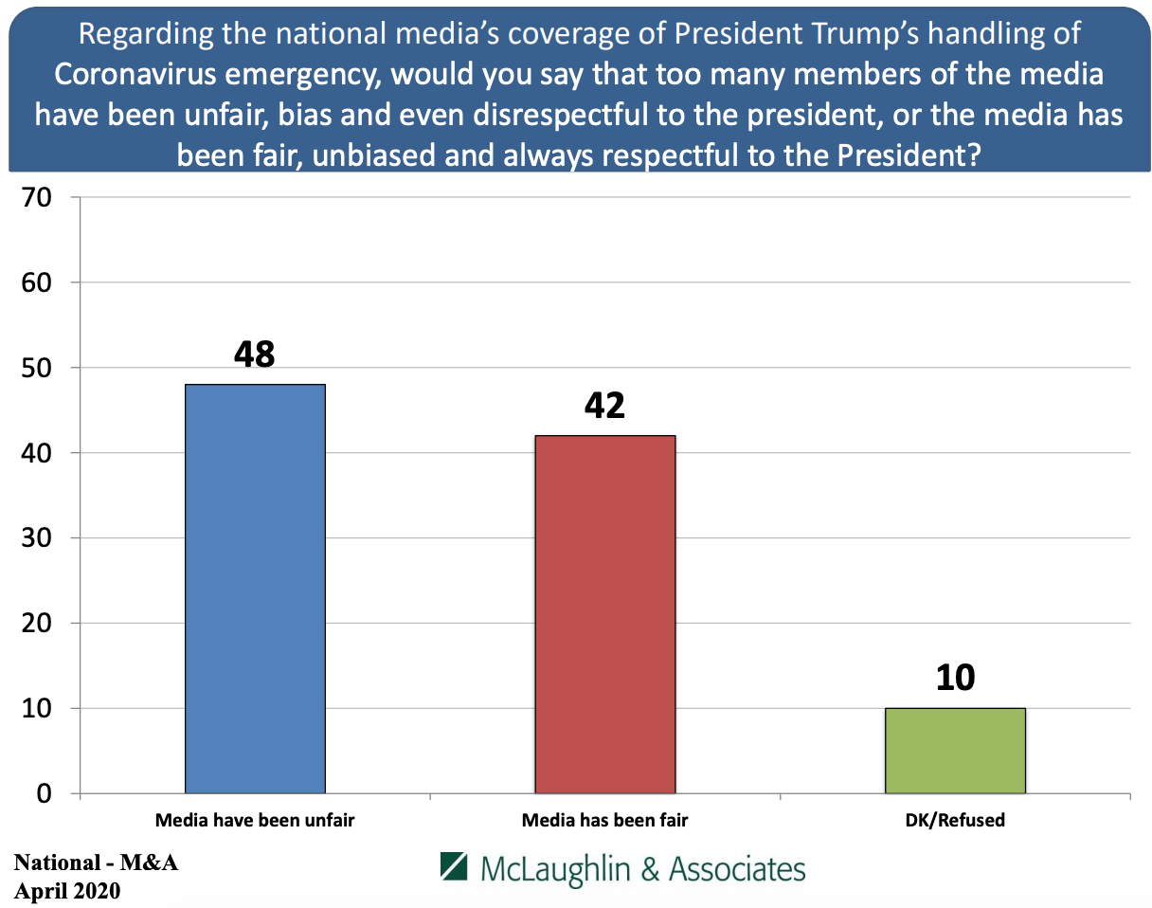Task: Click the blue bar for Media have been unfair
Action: point(255,588)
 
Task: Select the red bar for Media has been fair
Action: point(605,613)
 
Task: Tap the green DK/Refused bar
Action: point(955,750)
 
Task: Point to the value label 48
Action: point(255,354)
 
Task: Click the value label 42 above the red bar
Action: point(604,406)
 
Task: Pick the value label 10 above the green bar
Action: point(954,679)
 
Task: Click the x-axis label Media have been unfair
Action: point(255,821)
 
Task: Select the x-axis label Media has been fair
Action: point(605,821)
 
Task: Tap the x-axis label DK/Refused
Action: point(955,821)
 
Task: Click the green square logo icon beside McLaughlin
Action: point(456,867)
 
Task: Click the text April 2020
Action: point(67,891)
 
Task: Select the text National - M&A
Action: point(96,863)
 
